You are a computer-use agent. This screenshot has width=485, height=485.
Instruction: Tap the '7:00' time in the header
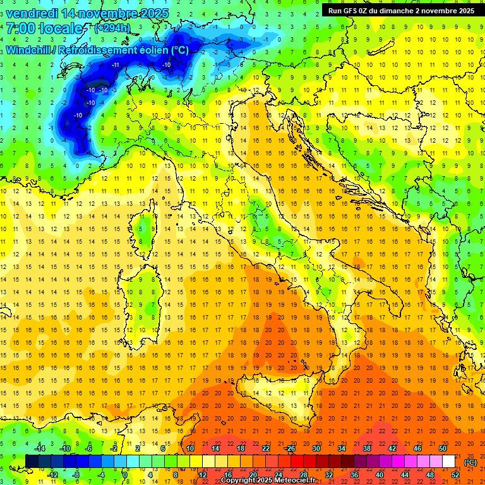tap(20, 28)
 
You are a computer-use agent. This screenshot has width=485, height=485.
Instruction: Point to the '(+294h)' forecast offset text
tap(112, 28)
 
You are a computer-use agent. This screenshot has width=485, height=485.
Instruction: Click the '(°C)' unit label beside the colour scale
tap(470, 462)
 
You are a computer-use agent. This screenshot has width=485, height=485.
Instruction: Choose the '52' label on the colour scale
tap(455, 475)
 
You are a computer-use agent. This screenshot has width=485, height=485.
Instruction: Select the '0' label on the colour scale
tap(125, 475)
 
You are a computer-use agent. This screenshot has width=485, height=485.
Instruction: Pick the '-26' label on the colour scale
tap(290, 448)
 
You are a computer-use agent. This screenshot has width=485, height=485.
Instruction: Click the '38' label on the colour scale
tap(366, 448)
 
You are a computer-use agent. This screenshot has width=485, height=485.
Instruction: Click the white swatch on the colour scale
tap(449, 461)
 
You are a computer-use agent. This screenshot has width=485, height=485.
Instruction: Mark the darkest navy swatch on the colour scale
tap(32, 461)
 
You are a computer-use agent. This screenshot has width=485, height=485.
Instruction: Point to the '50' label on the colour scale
tap(443, 448)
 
